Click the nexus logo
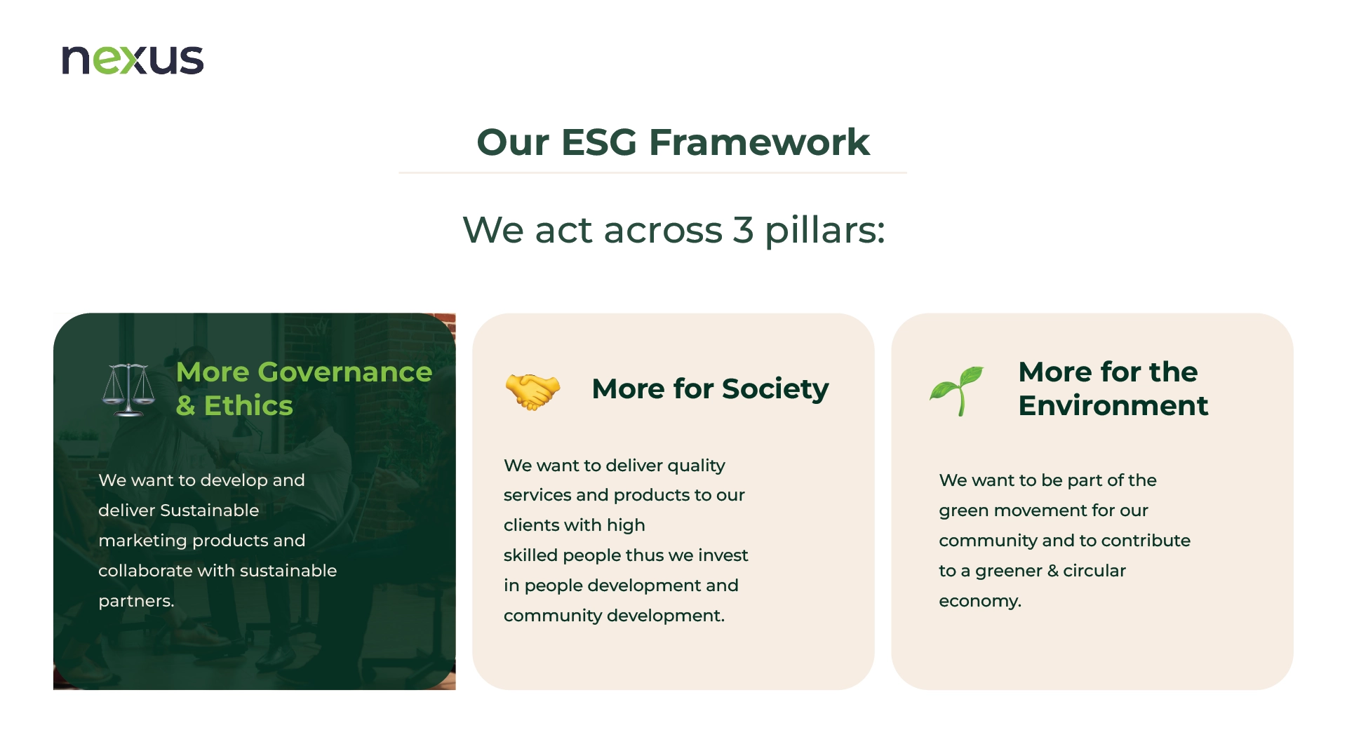(x=133, y=60)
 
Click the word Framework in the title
(x=759, y=142)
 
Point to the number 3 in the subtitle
(x=743, y=230)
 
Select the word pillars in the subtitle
(x=824, y=230)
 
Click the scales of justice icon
(x=128, y=390)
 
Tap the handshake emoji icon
(x=533, y=391)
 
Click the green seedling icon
(x=956, y=391)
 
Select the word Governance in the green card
(x=345, y=372)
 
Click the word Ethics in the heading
(x=248, y=405)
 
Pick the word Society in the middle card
(x=775, y=389)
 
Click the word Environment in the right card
(x=1113, y=405)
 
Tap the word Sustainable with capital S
(x=210, y=510)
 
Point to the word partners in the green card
(x=135, y=602)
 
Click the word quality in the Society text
(x=696, y=466)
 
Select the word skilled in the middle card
(x=530, y=555)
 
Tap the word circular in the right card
(x=1094, y=571)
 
